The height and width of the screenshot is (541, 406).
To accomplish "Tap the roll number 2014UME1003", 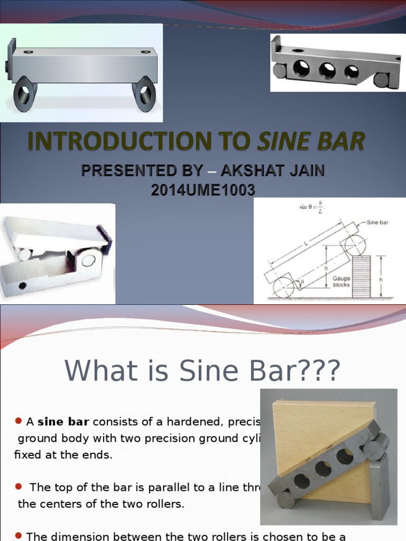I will pyautogui.click(x=203, y=190).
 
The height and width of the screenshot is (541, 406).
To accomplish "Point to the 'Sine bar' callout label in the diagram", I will pyautogui.click(x=377, y=222).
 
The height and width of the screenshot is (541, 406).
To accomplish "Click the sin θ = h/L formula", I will pyautogui.click(x=313, y=208).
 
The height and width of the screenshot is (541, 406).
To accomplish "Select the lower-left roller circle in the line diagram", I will pyautogui.click(x=284, y=287).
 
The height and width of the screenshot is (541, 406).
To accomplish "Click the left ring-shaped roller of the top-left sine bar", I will pyautogui.click(x=24, y=94).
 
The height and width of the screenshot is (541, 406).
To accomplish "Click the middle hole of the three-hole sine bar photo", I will pyautogui.click(x=327, y=70).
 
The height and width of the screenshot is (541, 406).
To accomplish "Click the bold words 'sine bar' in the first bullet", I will pyautogui.click(x=63, y=421).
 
